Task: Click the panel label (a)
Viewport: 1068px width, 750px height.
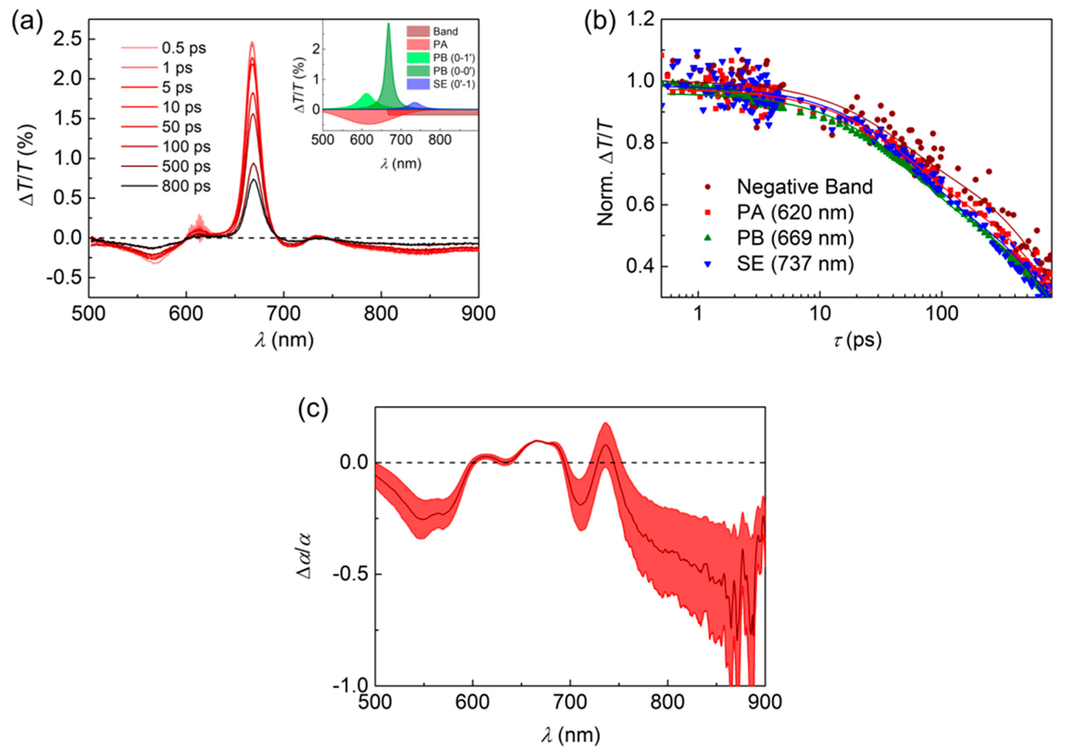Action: point(27,21)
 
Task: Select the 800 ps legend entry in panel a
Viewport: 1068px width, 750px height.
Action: point(186,186)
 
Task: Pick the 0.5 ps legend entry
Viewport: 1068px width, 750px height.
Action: point(184,48)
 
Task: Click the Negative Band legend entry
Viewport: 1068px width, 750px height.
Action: point(805,186)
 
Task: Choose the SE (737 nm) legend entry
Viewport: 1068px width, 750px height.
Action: point(795,264)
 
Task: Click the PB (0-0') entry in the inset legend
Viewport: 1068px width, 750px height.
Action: point(454,71)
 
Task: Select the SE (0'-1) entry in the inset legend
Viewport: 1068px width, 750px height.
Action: point(454,84)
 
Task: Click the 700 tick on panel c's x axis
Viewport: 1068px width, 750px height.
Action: point(570,702)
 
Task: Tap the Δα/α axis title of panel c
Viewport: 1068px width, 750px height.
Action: point(306,556)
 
